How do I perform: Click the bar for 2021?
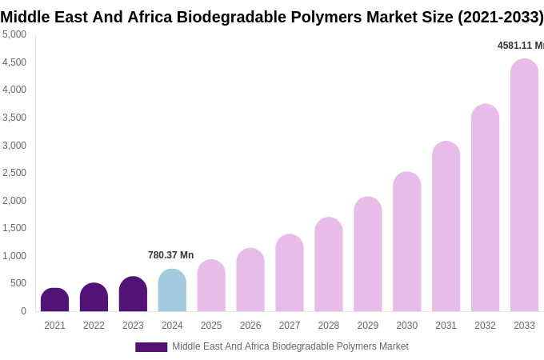54,300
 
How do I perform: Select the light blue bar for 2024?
172,290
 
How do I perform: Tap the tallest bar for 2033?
524,185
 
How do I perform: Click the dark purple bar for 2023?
133,294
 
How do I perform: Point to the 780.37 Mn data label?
170,255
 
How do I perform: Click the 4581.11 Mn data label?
520,46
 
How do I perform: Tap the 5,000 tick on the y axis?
14,34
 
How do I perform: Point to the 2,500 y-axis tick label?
14,173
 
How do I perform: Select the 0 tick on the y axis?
23,311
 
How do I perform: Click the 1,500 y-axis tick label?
14,228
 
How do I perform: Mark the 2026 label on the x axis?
250,326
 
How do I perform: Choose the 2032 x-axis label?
485,326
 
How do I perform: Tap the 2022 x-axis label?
94,326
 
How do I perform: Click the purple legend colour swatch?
151,347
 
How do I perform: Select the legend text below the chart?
290,346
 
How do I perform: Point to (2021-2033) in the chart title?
500,17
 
